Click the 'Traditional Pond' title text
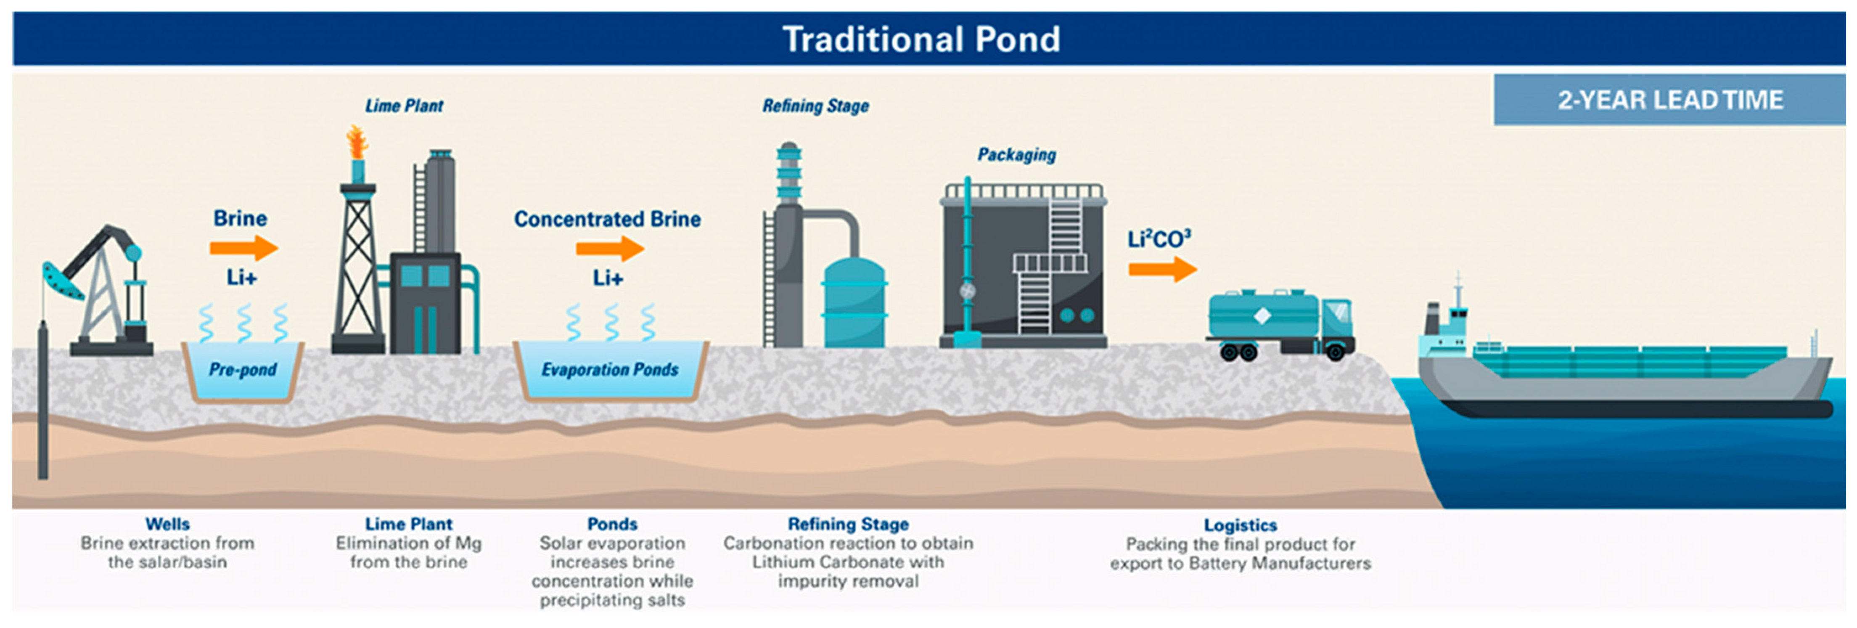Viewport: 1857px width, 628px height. [x=921, y=39]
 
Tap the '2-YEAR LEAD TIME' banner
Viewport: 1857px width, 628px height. [x=1669, y=100]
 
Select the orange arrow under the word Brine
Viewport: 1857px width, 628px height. [x=243, y=248]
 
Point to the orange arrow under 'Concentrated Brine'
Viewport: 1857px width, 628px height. [x=609, y=249]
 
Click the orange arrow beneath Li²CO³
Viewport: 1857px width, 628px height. [x=1161, y=270]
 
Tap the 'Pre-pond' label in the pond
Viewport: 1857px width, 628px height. [x=243, y=369]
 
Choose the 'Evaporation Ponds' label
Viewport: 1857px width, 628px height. [x=610, y=369]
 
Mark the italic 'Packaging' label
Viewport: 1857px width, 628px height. [x=1016, y=154]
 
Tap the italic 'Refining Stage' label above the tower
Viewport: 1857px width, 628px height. [x=815, y=106]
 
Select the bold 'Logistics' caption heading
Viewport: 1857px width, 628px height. [x=1240, y=525]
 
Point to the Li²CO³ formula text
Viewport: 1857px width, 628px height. [x=1159, y=238]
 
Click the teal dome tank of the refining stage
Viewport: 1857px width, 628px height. [x=854, y=303]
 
